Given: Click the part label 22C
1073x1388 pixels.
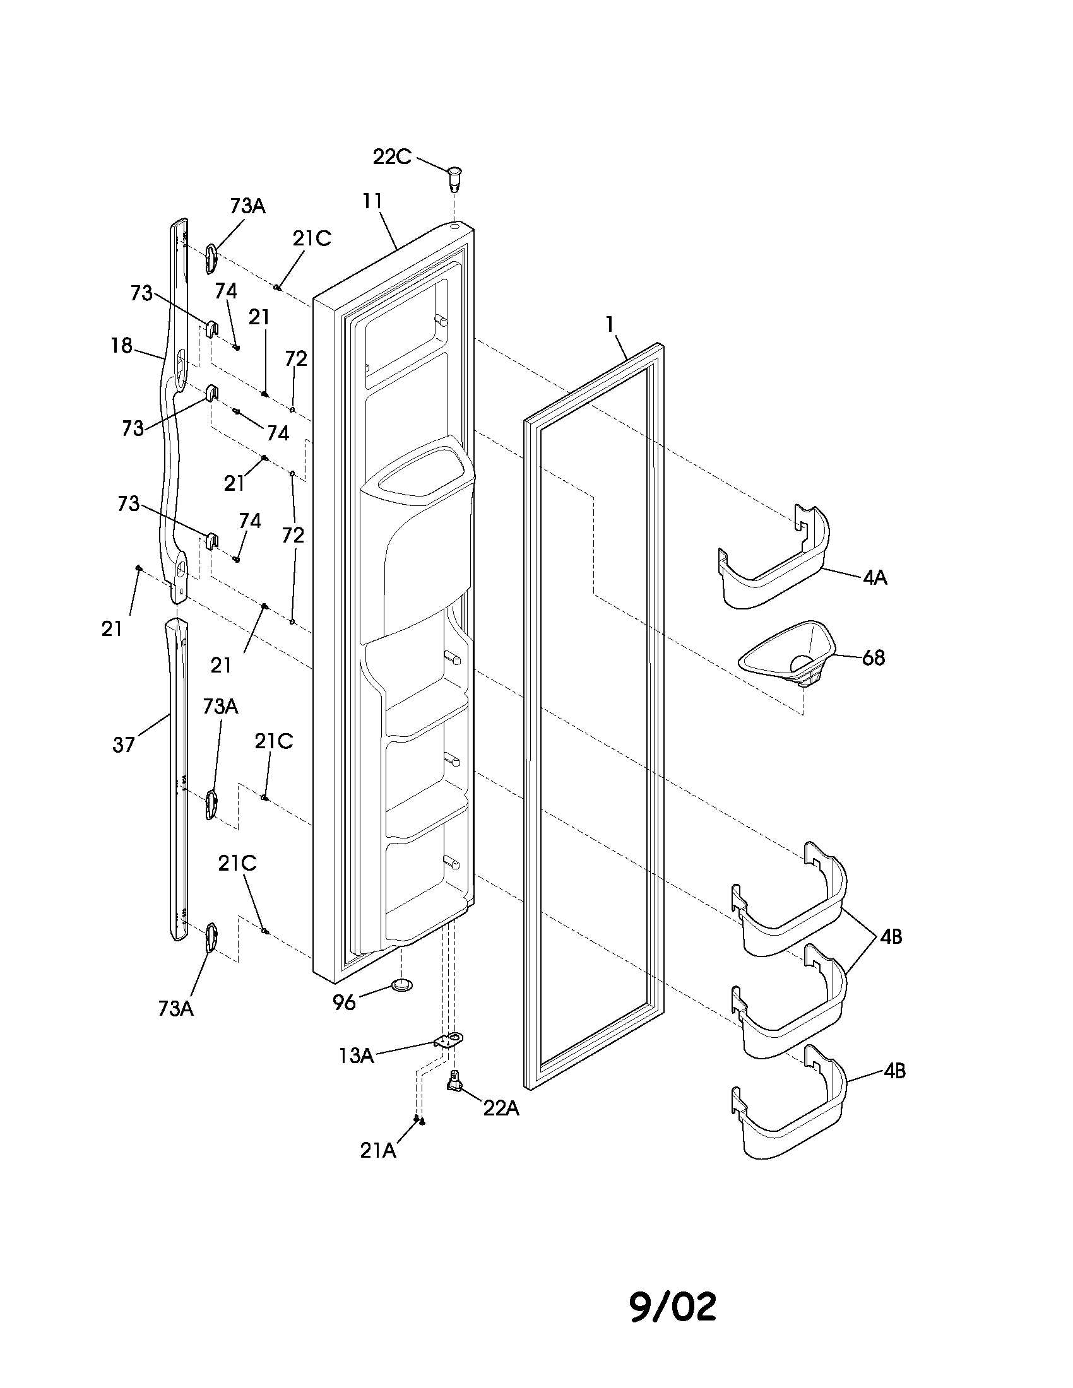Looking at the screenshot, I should (x=391, y=156).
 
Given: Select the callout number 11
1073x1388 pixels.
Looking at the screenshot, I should (x=372, y=201).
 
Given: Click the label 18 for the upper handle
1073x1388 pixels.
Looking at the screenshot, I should (x=121, y=346).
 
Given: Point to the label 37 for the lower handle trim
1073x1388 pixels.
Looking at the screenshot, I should (x=124, y=745).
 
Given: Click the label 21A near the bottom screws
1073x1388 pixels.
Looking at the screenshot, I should (x=377, y=1150).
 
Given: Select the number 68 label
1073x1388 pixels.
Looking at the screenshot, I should (x=874, y=658).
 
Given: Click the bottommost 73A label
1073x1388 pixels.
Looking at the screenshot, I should (x=176, y=1009).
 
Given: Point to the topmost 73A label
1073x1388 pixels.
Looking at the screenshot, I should (x=247, y=206).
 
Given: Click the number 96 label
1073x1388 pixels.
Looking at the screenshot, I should (x=344, y=1003).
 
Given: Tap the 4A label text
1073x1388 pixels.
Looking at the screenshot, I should (x=875, y=578).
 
